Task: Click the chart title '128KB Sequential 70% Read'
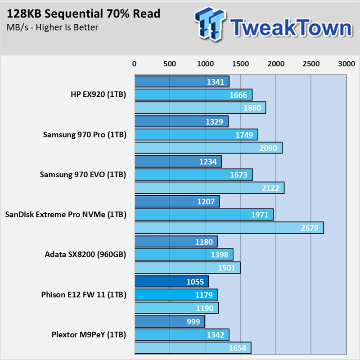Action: pos(84,14)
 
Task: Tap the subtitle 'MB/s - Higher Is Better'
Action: pos(53,27)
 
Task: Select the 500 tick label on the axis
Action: pos(170,64)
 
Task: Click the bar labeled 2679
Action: pos(229,228)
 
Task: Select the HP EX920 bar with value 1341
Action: pos(182,81)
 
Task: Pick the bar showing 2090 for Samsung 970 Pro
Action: pos(208,148)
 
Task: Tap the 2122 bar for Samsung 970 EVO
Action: pos(209,188)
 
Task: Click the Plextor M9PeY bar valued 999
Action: pos(170,321)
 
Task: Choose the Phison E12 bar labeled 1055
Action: pos(171,282)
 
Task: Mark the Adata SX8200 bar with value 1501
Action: pos(187,268)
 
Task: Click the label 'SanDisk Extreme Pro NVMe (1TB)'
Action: pos(66,214)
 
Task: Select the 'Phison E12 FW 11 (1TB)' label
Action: pos(84,295)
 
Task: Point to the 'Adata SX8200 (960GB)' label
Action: pos(85,254)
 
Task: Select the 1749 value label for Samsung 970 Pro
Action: pos(243,135)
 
